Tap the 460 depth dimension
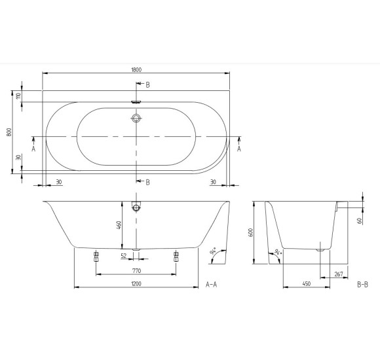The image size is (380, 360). point(119,226)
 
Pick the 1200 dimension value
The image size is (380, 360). point(136,284)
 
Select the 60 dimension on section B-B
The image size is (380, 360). point(360,221)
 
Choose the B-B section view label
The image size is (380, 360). point(364,285)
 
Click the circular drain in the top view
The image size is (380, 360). point(136,118)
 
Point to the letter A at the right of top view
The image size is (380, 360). point(238,149)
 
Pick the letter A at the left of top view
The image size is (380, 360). point(33,149)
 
